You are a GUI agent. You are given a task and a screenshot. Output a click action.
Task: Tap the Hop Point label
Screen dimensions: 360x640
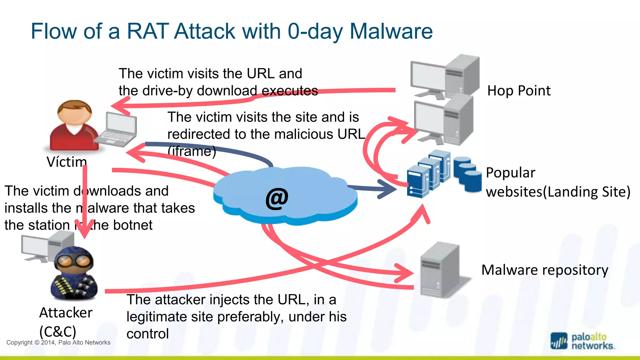(x=519, y=91)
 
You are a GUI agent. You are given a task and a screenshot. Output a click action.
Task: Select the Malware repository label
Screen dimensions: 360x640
(x=545, y=270)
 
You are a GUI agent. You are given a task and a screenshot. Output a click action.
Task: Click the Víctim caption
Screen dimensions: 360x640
(x=67, y=162)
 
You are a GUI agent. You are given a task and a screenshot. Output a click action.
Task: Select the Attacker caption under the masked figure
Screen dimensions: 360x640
(x=66, y=313)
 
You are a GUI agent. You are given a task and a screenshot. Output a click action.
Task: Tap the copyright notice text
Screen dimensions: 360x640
(x=58, y=342)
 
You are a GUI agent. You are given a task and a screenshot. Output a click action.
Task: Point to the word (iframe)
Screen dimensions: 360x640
(x=192, y=151)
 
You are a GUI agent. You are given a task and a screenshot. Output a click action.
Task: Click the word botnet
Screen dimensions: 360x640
(x=133, y=225)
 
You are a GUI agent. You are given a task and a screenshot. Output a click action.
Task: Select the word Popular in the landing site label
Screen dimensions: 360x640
(x=510, y=173)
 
